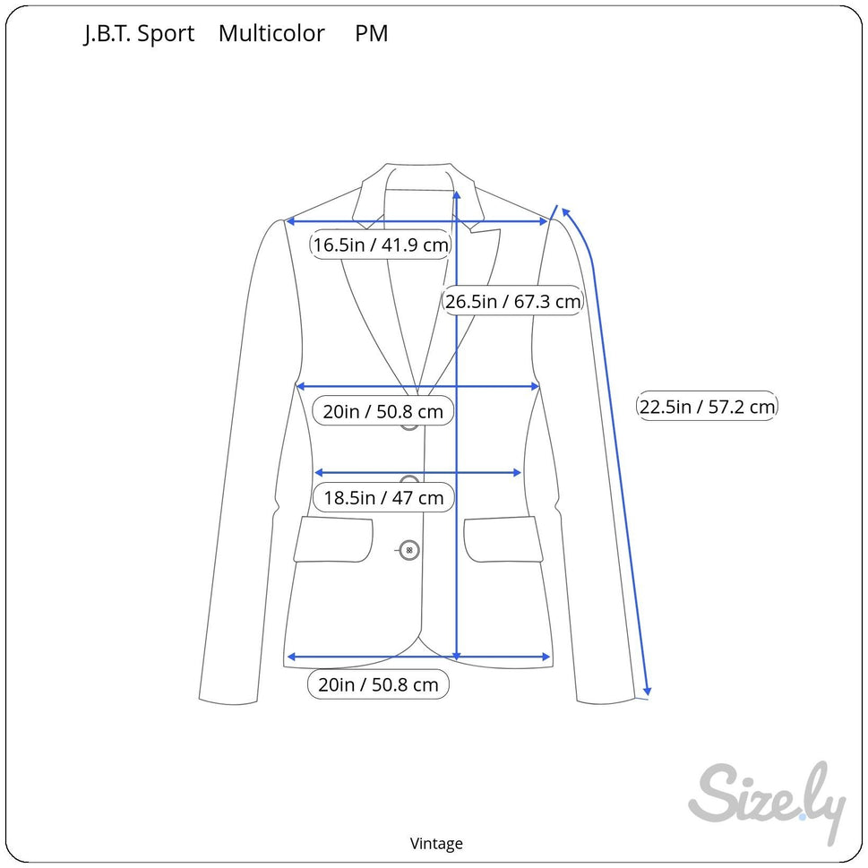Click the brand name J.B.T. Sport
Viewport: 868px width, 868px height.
[139, 34]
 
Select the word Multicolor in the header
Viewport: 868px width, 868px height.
[271, 33]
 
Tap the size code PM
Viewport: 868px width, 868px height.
[372, 33]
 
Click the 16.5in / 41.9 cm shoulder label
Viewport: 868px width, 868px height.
[381, 245]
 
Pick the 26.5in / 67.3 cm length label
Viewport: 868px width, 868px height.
[512, 301]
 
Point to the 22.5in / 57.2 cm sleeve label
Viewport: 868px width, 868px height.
[707, 407]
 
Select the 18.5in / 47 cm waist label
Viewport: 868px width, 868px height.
[383, 498]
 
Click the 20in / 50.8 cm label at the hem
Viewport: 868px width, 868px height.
[378, 684]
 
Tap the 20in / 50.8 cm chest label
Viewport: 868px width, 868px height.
[383, 411]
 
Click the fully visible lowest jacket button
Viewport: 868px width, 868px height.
[409, 550]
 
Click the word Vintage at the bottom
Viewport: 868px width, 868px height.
[436, 844]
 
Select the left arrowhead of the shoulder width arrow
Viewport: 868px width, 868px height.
[287, 221]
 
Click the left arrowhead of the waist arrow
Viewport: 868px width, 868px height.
[315, 473]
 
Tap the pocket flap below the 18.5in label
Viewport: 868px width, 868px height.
[333, 540]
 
